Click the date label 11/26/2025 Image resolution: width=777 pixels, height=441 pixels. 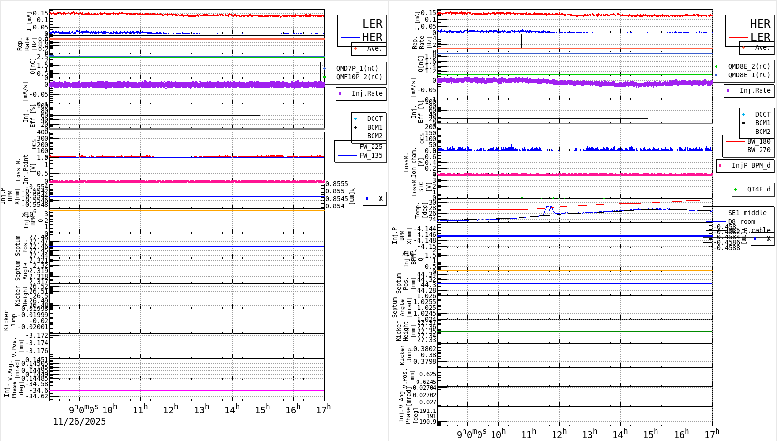[79, 421]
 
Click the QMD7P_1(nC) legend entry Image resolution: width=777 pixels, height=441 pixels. [357, 68]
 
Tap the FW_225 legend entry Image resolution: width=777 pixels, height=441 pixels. [371, 147]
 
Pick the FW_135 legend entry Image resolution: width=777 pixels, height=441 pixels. [371, 155]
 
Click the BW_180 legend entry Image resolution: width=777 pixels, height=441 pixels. [759, 141]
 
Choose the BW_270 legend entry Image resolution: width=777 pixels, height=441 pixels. [759, 150]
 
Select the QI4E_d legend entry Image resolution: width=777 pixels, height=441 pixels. [759, 189]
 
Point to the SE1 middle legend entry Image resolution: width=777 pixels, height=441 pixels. [747, 213]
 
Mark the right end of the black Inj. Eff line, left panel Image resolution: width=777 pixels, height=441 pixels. [260, 115]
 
